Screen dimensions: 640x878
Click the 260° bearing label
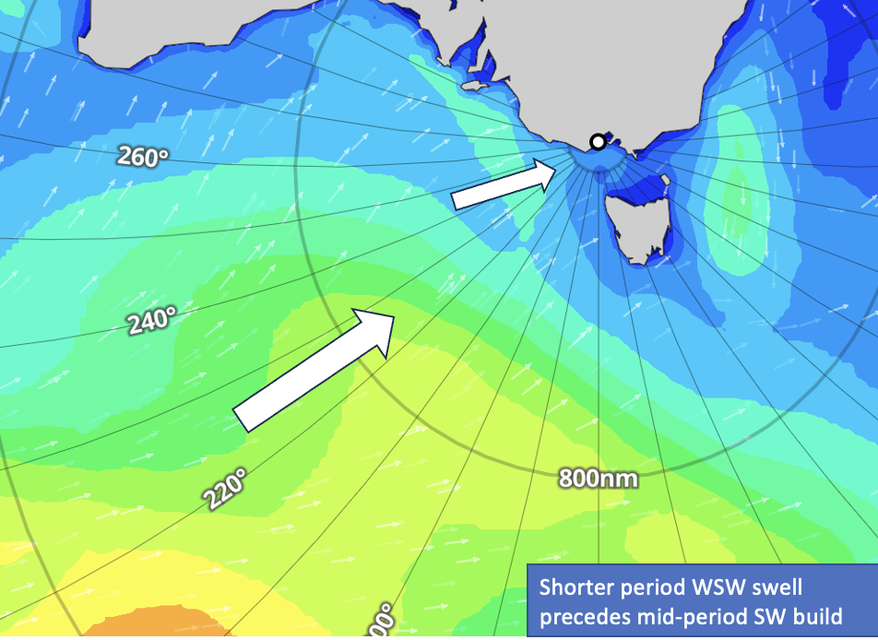[143, 157]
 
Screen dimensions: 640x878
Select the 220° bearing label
[226, 490]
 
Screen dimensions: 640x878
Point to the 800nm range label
[598, 478]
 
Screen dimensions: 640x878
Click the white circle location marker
[598, 142]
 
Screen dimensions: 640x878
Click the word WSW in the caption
[711, 587]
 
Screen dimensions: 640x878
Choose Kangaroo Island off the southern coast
[474, 85]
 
